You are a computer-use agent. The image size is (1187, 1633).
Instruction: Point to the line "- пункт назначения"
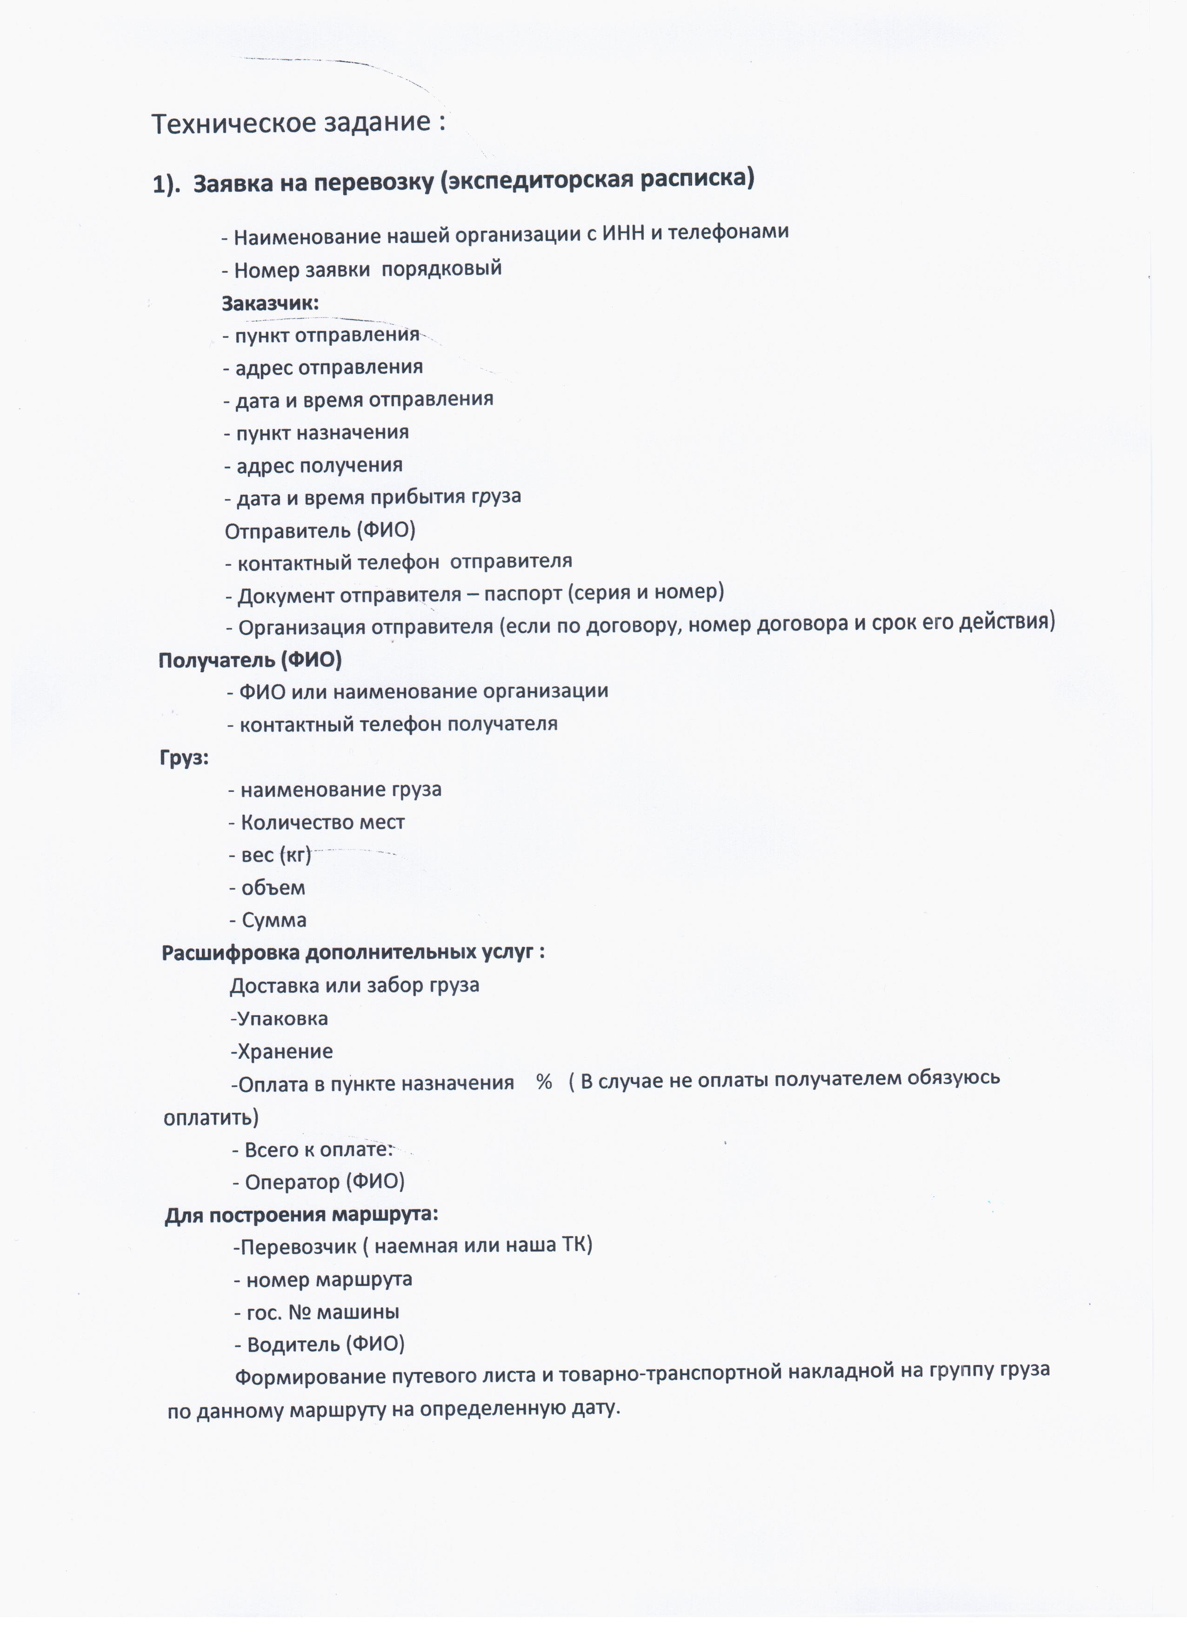pos(317,433)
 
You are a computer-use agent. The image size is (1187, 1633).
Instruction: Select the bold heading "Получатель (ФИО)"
pos(250,660)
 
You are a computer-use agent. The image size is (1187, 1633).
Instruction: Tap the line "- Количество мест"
pos(317,822)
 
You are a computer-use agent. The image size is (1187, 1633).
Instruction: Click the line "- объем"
pos(267,888)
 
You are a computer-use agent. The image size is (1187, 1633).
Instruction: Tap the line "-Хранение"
pos(281,1051)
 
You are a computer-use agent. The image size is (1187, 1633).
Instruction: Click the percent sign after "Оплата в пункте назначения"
pos(544,1082)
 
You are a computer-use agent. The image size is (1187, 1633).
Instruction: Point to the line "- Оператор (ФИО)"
pos(318,1182)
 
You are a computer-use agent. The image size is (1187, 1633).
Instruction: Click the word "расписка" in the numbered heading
pos(697,177)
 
